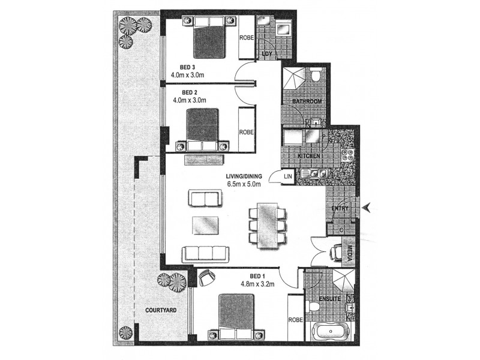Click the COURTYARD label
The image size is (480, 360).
(x=158, y=310)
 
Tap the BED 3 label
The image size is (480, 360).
(x=181, y=67)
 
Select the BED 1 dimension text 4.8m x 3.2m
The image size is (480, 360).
(x=257, y=284)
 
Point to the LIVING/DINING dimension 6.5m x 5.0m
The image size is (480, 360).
(x=244, y=184)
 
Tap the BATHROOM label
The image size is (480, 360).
(x=307, y=102)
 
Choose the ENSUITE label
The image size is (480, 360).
(x=330, y=298)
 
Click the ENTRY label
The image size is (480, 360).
(x=340, y=208)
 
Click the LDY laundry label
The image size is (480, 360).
(x=268, y=55)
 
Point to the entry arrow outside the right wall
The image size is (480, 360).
(x=368, y=208)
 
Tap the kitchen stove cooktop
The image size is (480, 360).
(x=348, y=154)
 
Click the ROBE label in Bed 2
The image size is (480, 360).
(x=246, y=132)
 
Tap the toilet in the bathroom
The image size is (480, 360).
(x=316, y=77)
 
